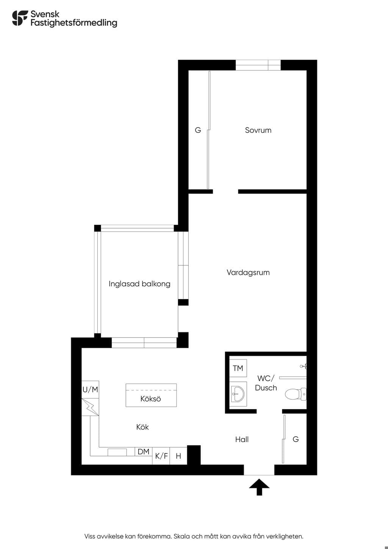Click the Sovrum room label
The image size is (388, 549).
(x=258, y=130)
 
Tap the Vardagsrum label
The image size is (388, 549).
(x=248, y=273)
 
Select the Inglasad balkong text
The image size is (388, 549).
(x=139, y=284)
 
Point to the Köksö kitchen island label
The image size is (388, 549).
(x=151, y=399)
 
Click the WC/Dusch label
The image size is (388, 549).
(x=266, y=383)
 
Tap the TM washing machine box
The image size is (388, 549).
(x=238, y=368)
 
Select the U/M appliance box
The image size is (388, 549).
(x=91, y=389)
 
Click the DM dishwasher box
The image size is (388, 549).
(x=144, y=452)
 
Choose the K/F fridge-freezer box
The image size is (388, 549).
(x=161, y=456)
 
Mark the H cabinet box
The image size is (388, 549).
(x=178, y=456)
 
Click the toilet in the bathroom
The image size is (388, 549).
(x=296, y=394)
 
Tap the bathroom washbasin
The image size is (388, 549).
(x=238, y=394)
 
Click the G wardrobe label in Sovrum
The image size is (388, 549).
(x=198, y=130)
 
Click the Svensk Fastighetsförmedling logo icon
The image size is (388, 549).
(x=20, y=18)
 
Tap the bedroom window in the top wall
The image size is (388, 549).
(x=258, y=65)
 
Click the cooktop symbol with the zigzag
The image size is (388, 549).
(x=91, y=407)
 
